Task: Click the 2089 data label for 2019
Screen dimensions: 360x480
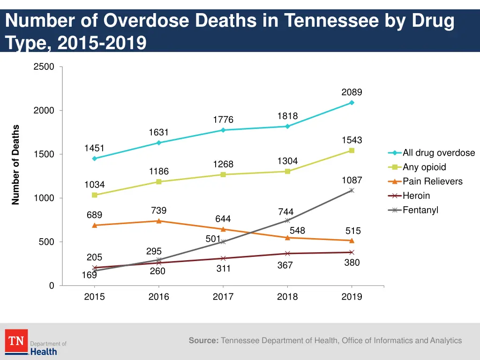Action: pos(352,92)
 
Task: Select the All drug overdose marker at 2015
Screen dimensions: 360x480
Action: pos(94,158)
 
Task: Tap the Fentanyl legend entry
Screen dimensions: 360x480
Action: pos(420,210)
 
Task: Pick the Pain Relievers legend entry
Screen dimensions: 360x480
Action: pos(432,181)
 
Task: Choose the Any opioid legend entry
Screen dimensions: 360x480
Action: pos(424,167)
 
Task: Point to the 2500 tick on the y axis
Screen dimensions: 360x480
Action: pos(44,67)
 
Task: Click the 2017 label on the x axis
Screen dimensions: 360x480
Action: pos(223,297)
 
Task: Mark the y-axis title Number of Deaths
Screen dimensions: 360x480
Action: pos(16,165)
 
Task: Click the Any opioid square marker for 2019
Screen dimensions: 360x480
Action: pos(352,150)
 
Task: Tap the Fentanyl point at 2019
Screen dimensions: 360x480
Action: pos(352,190)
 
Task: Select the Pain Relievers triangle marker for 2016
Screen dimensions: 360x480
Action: pos(159,221)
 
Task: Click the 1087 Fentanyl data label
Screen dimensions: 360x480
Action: pos(352,180)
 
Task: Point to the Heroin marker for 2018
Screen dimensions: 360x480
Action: pos(287,254)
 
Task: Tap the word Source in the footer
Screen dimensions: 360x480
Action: pos(203,341)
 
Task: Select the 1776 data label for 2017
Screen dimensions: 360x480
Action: pos(223,120)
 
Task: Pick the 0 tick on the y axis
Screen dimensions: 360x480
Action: pos(51,286)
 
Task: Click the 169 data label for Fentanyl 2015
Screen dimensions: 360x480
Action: pos(89,275)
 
